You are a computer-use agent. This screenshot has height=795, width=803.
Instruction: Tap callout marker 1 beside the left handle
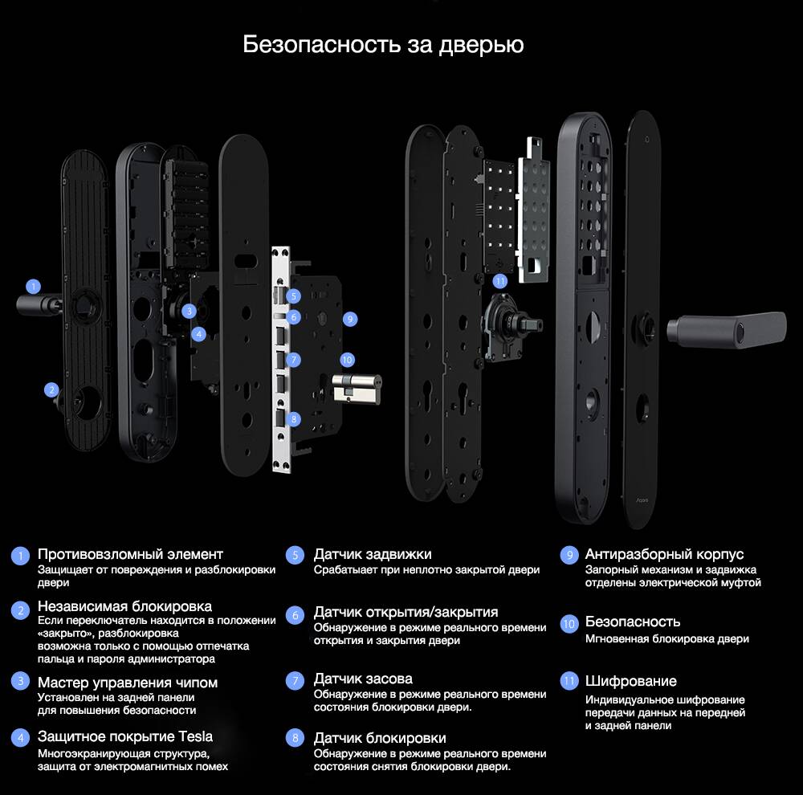click(x=33, y=285)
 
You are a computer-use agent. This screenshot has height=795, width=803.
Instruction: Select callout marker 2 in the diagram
click(x=52, y=390)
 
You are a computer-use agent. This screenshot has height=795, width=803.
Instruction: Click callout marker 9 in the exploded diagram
click(x=349, y=319)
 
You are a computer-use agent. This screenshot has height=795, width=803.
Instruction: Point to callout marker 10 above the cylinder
click(x=347, y=360)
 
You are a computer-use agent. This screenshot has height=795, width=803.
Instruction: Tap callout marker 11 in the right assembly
click(x=500, y=281)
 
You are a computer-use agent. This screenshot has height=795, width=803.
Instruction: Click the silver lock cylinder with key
click(x=354, y=389)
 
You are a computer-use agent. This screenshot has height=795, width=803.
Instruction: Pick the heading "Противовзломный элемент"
click(x=130, y=554)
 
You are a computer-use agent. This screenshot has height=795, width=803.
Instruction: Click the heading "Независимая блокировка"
click(x=124, y=606)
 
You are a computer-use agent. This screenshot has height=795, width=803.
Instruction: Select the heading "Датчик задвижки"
click(x=373, y=554)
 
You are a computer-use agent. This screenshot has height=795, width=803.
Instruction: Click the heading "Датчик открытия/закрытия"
click(x=406, y=612)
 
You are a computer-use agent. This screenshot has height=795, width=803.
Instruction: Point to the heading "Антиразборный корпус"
click(x=664, y=554)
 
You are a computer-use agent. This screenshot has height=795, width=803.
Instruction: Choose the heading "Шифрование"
click(x=630, y=681)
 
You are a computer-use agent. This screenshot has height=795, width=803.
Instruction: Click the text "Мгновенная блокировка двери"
click(x=666, y=639)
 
